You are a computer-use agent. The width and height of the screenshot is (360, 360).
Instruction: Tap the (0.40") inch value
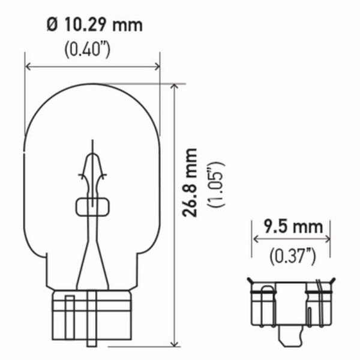[87, 49]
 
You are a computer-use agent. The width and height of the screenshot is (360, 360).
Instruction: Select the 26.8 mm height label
[190, 182]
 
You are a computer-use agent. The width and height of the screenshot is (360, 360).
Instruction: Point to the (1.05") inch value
[216, 185]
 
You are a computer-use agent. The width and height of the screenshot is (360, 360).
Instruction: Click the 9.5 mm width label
[293, 227]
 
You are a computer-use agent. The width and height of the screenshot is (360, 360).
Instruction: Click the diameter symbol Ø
[52, 25]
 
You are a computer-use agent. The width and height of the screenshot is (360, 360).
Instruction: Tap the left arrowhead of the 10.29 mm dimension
[28, 67]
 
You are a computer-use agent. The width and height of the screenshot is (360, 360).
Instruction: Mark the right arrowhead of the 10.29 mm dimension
[157, 67]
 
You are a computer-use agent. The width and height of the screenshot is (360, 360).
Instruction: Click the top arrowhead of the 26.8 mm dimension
[175, 86]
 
